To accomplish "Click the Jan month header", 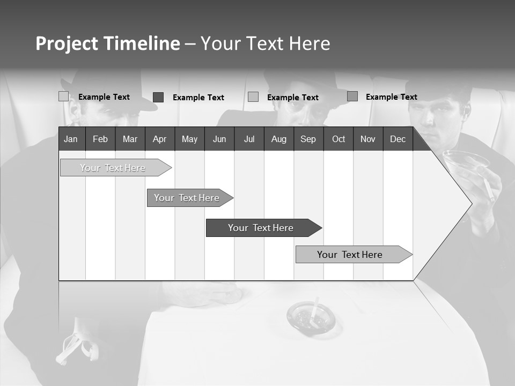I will click(71, 139).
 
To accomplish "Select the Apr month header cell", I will click(159, 139).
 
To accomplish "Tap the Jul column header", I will click(249, 139).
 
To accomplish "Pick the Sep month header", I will click(308, 139).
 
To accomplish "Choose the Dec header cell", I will click(398, 139).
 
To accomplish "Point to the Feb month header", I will click(100, 139).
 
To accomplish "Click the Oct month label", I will click(339, 139).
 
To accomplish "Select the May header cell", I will click(189, 139).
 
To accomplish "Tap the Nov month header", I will click(368, 139).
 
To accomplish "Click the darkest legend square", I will click(158, 97).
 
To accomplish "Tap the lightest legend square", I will click(64, 96).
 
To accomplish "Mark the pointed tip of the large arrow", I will click(471, 204).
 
